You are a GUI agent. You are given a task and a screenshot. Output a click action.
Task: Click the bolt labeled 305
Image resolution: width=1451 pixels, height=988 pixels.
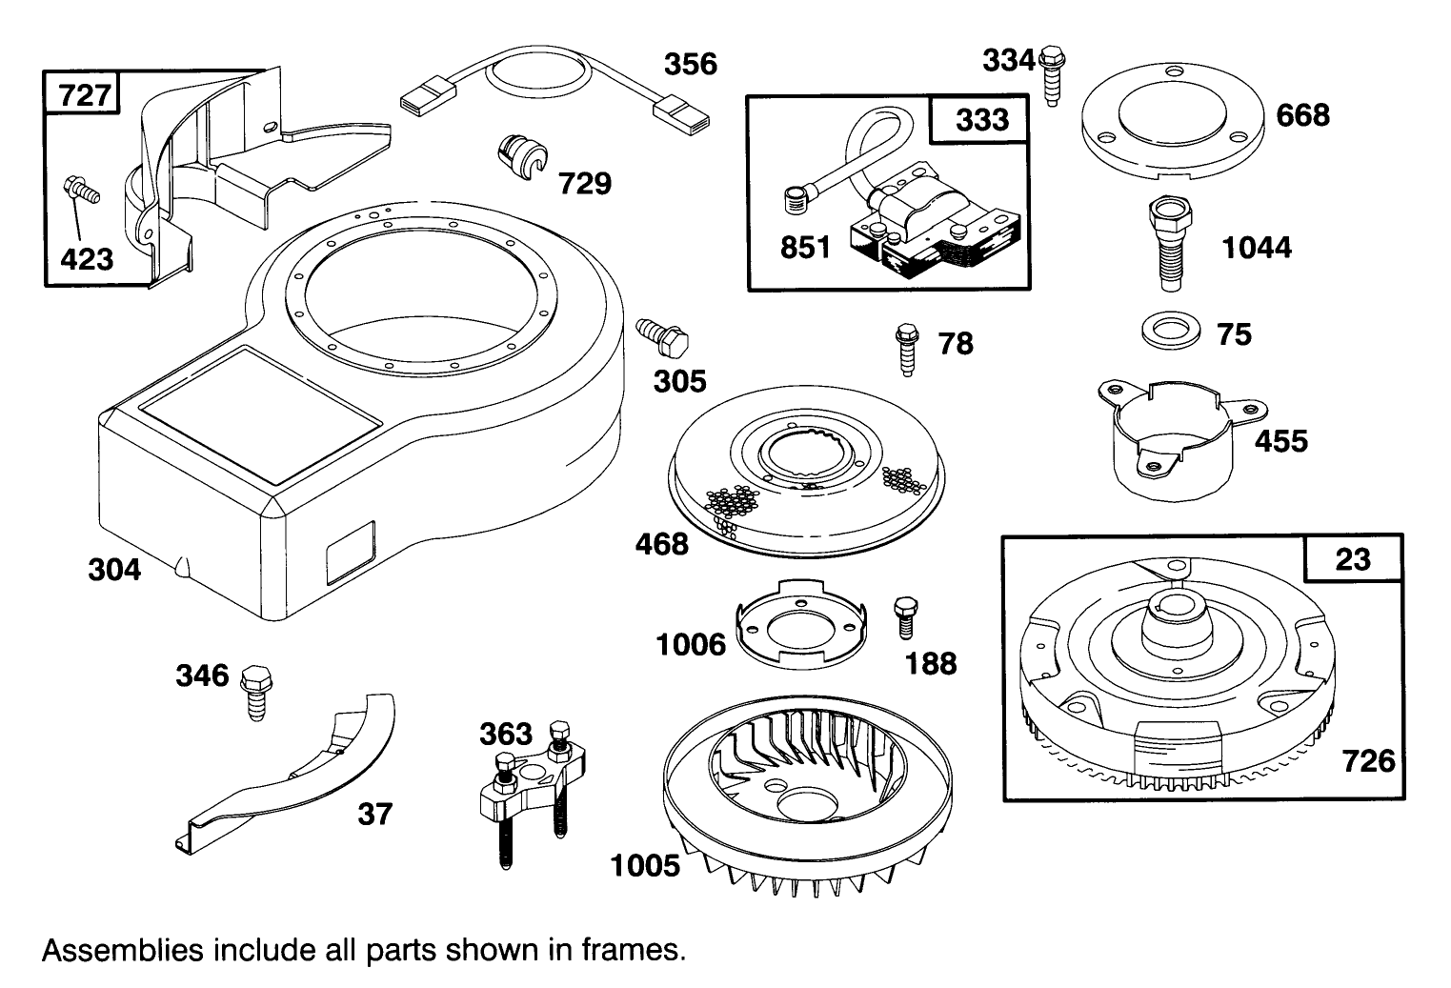click(663, 335)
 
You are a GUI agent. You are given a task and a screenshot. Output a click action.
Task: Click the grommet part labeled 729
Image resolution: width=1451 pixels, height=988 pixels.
click(522, 156)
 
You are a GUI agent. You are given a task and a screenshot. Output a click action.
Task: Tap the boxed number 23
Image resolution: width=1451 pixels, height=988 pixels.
click(1352, 559)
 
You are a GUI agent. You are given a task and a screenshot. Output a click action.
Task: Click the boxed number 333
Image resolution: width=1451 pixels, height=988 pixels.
click(981, 119)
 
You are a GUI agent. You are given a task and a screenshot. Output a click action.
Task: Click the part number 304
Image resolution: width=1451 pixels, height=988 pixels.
click(114, 570)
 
